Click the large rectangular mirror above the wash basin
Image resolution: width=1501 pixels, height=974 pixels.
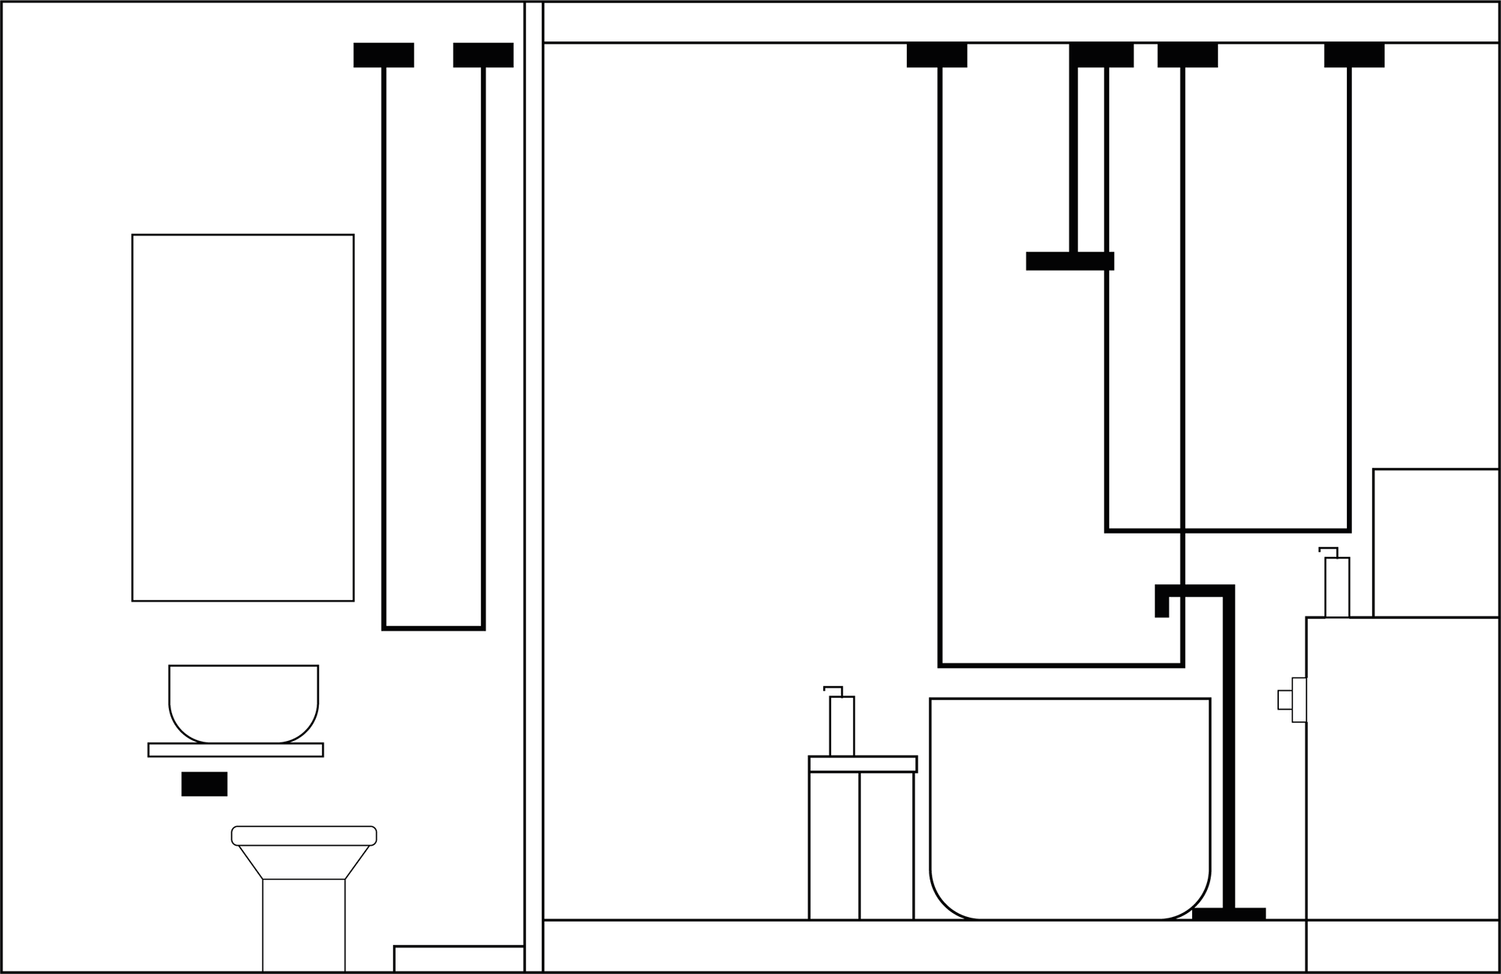pyautogui.click(x=242, y=417)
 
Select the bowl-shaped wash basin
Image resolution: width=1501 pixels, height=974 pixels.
pyautogui.click(x=243, y=702)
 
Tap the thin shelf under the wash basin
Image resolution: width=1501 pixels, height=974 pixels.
pyautogui.click(x=235, y=749)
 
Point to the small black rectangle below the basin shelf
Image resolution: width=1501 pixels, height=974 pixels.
pyautogui.click(x=204, y=784)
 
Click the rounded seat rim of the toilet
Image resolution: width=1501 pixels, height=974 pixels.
pyautogui.click(x=304, y=836)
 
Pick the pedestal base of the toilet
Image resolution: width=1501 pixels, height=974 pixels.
pyautogui.click(x=303, y=925)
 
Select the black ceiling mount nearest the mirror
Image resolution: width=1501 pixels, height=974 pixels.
pyautogui.click(x=383, y=55)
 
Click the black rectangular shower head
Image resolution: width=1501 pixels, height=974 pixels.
pyautogui.click(x=1069, y=261)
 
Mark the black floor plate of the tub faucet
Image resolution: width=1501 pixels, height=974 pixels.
pyautogui.click(x=1228, y=914)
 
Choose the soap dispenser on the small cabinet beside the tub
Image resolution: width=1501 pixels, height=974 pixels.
pyautogui.click(x=841, y=724)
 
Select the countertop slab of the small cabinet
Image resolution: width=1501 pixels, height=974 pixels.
pyautogui.click(x=862, y=764)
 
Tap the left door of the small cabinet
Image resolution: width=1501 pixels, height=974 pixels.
pyautogui.click(x=834, y=846)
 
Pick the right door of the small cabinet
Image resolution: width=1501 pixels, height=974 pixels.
pyautogui.click(x=887, y=846)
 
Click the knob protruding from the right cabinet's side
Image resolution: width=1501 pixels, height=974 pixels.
pyautogui.click(x=1285, y=699)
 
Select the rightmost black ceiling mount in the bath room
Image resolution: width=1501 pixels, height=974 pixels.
pyautogui.click(x=1354, y=55)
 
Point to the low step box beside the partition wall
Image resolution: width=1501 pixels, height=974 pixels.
pyautogui.click(x=459, y=959)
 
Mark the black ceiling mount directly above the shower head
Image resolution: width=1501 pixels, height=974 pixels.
pyautogui.click(x=1101, y=55)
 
